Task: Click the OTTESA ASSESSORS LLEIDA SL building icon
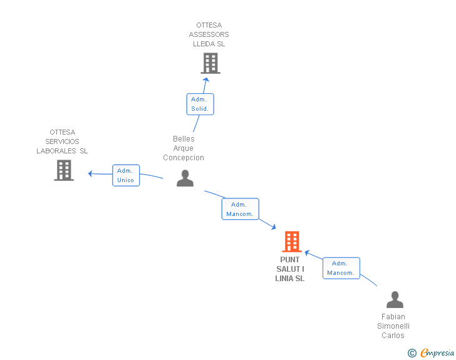coord(210,63)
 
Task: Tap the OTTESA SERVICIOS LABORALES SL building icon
coord(64,170)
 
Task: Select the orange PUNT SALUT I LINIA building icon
coord(292,242)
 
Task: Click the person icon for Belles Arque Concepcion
coord(185,178)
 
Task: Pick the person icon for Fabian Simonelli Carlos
coord(395,299)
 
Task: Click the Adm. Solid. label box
coord(200,104)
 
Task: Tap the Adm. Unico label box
coord(126,175)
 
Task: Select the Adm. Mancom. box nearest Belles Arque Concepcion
coord(241,209)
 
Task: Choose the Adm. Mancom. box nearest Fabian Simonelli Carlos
coord(341,268)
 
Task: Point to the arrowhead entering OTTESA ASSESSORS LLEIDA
coord(206,80)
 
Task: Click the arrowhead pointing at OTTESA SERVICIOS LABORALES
coord(90,173)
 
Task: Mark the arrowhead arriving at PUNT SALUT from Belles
coord(274,227)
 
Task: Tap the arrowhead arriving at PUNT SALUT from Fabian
coord(307,252)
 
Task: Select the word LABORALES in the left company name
coord(56,151)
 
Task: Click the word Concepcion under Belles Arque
coord(184,158)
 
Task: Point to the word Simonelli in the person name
coord(393,326)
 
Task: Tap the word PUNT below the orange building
coord(289,260)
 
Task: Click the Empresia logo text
coord(437,352)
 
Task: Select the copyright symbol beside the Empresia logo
coord(412,353)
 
